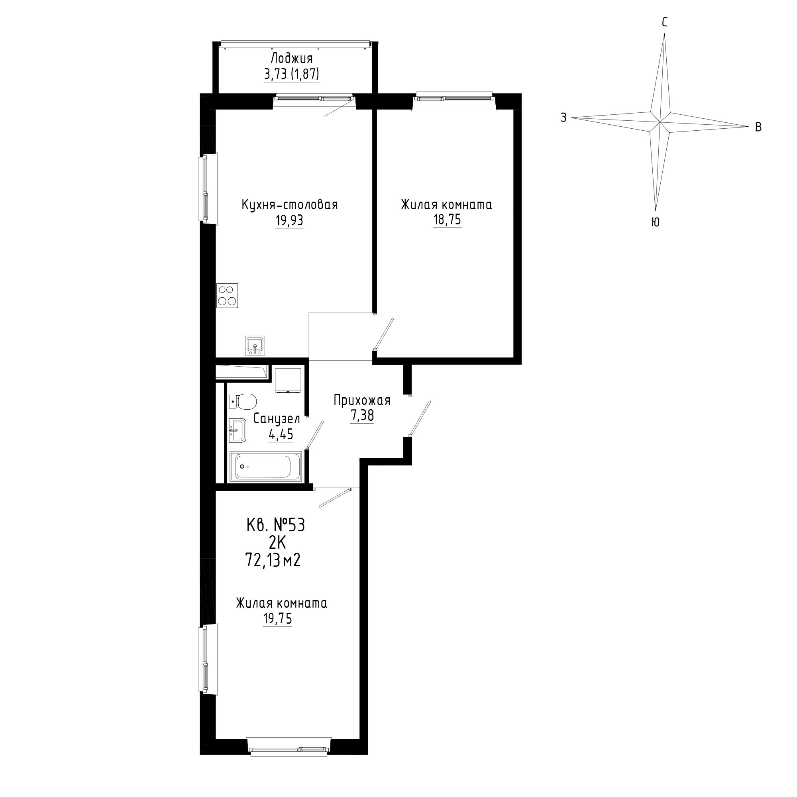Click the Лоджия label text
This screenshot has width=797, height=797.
point(291,58)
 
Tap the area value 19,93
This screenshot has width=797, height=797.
point(289,221)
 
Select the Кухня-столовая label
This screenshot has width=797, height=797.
point(290,204)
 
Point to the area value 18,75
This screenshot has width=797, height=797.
point(447,220)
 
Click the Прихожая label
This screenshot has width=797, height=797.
point(362,400)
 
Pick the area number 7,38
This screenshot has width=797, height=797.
point(362,416)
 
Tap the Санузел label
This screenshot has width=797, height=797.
point(277,419)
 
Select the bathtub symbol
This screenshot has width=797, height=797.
point(265,467)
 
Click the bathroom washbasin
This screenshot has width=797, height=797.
point(238,430)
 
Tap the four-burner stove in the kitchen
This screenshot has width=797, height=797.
point(227,295)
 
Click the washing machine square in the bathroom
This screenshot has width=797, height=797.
point(289,380)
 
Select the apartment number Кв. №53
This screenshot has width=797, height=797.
point(275,526)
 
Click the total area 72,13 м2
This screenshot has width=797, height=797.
point(273,561)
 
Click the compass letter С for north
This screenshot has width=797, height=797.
point(665,22)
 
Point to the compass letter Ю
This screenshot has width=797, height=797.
point(655,222)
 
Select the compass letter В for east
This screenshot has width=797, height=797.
point(758,128)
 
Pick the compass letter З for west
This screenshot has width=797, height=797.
point(563,118)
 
